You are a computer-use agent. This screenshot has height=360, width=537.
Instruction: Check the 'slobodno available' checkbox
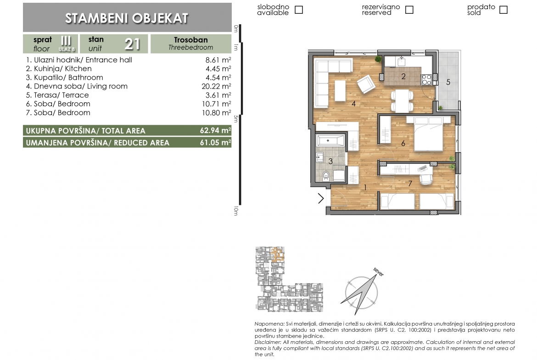pyautogui.click(x=299, y=10)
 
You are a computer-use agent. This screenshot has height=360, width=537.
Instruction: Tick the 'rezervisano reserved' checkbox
pyautogui.click(x=409, y=10)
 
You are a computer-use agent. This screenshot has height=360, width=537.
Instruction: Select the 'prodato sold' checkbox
pyautogui.click(x=503, y=10)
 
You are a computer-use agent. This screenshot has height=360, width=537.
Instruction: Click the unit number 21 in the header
pyautogui.click(x=132, y=44)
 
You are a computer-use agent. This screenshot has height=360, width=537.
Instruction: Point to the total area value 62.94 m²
pyautogui.click(x=215, y=130)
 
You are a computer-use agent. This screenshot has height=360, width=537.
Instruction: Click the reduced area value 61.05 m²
pyautogui.click(x=215, y=142)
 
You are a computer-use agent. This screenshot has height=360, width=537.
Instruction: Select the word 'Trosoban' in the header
pyautogui.click(x=191, y=40)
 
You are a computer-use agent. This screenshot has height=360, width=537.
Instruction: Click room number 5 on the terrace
pyautogui.click(x=448, y=82)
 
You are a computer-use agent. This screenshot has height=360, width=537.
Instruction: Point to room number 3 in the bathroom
pyautogui.click(x=330, y=161)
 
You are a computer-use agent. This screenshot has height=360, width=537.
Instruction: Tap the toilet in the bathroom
pyautogui.click(x=326, y=176)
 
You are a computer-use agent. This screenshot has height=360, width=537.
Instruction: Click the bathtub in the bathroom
pyautogui.click(x=331, y=141)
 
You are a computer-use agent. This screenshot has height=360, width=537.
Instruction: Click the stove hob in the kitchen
pyautogui.click(x=427, y=79)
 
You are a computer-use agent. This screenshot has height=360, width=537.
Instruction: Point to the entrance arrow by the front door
pyautogui.click(x=321, y=199)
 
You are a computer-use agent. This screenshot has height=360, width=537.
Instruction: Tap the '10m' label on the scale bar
pyautogui.click(x=236, y=211)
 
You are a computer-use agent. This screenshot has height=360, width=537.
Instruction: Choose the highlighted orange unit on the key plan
pyautogui.click(x=278, y=255)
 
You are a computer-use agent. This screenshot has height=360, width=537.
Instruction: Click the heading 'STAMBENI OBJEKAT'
pyautogui.click(x=127, y=18)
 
